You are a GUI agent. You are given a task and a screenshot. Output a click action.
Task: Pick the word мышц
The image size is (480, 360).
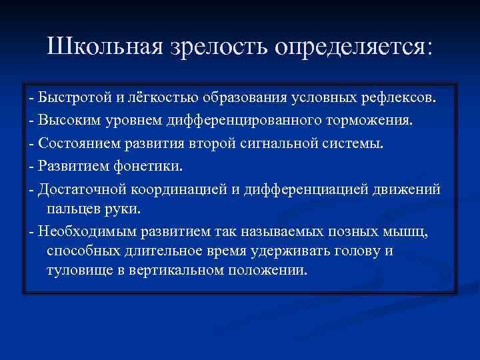[415, 231]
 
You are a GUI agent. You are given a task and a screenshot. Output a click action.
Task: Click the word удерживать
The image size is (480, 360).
[283, 251]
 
